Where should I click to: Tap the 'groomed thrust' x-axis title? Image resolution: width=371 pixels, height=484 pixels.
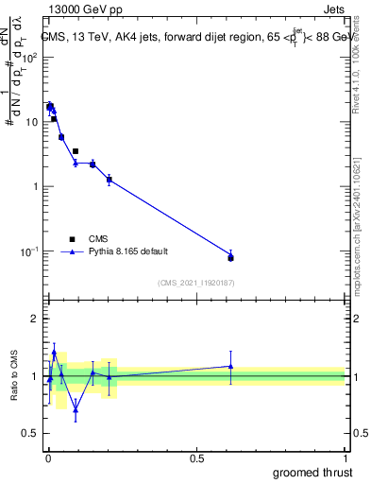point(312,472)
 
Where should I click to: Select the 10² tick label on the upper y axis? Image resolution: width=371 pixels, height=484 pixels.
point(30,58)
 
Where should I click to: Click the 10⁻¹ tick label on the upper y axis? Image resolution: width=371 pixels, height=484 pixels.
point(30,251)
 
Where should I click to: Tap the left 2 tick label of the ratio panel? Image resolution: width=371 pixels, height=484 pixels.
point(36,319)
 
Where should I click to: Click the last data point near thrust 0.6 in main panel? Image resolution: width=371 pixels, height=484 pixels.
point(230,257)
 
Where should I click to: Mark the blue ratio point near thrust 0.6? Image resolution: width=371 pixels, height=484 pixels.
point(230,366)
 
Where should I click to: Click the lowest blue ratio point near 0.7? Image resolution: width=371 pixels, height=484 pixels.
point(76,409)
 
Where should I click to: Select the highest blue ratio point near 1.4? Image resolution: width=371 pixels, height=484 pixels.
point(54,353)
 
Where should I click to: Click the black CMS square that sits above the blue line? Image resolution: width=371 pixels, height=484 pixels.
point(76,151)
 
